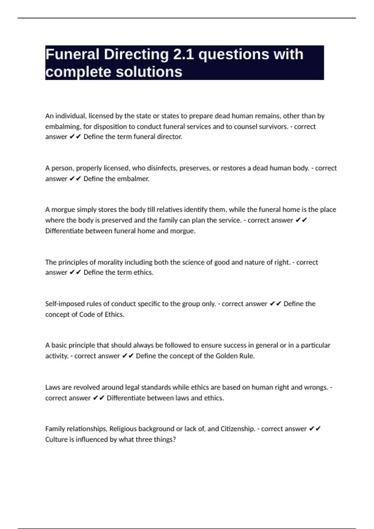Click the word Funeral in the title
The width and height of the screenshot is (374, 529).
pyautogui.click(x=72, y=54)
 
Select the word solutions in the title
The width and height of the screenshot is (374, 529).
pyautogui.click(x=149, y=72)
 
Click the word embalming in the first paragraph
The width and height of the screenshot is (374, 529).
pyautogui.click(x=63, y=127)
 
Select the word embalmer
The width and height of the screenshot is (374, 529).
pyautogui.click(x=133, y=179)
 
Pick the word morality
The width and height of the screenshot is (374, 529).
pyautogui.click(x=110, y=262)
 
